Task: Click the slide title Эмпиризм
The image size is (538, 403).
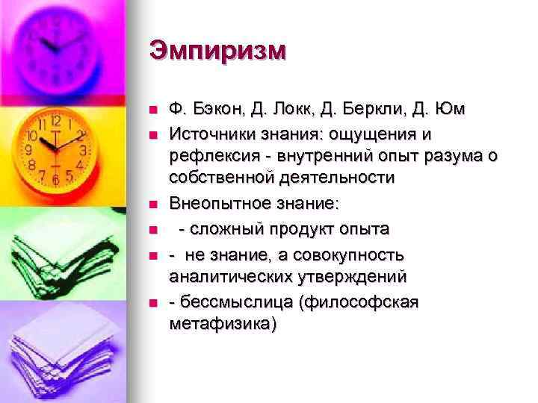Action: tap(217, 51)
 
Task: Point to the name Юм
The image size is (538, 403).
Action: tap(451, 110)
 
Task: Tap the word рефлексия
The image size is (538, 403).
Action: tap(211, 156)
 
